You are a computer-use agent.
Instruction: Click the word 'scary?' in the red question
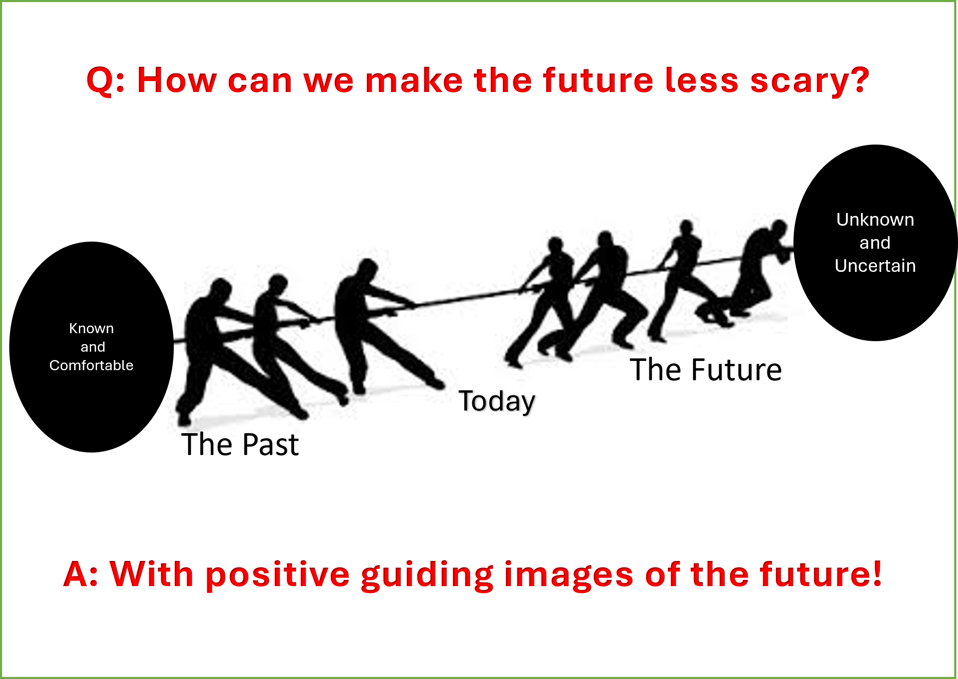click(810, 81)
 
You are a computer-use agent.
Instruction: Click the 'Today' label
click(497, 401)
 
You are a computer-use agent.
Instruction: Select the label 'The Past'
click(240, 445)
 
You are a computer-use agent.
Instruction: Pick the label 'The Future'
click(706, 370)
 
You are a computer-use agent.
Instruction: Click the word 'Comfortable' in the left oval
click(92, 366)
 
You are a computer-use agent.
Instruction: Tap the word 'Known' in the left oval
click(92, 328)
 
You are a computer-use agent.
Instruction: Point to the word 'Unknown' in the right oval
click(875, 220)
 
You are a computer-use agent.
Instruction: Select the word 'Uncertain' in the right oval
click(875, 266)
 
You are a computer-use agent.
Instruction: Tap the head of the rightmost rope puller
click(780, 228)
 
